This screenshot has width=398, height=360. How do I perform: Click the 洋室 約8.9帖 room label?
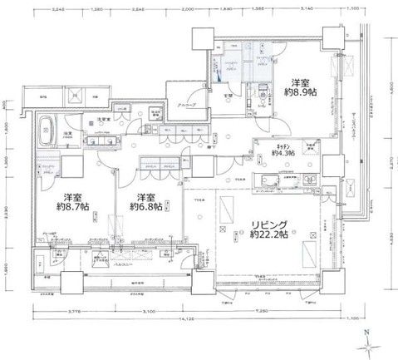(x=301, y=88)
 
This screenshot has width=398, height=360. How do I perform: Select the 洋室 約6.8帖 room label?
(x=147, y=204)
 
